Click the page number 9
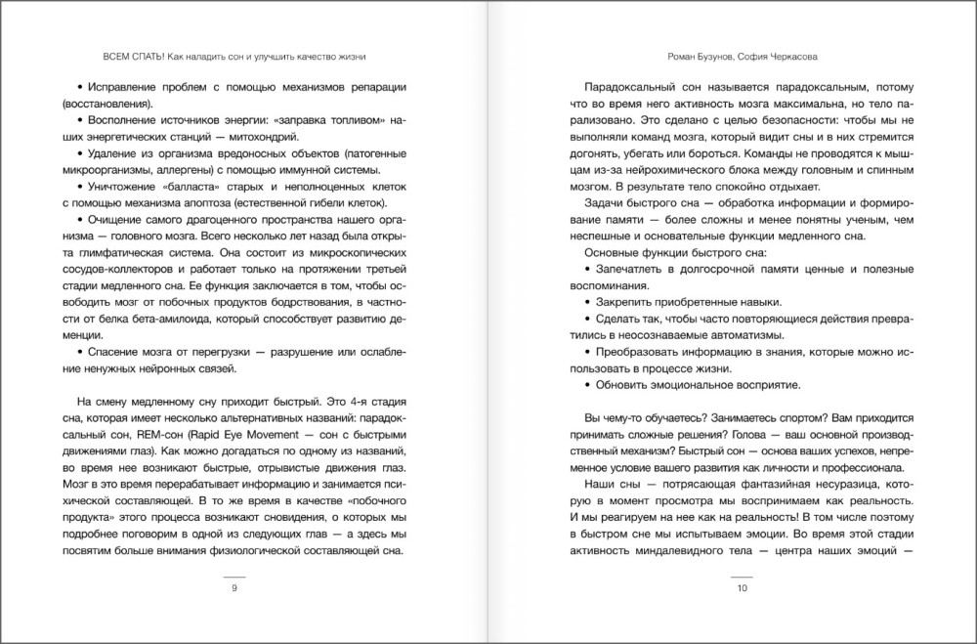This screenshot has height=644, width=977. point(234,588)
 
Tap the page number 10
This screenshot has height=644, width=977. point(742,588)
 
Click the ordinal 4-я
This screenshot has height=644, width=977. point(322,400)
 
